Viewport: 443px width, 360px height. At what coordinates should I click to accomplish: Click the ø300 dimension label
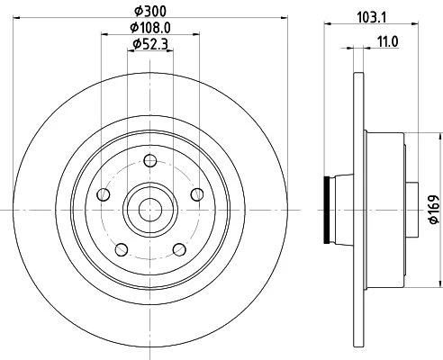pyautogui.click(x=150, y=12)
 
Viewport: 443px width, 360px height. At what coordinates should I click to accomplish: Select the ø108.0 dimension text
pyautogui.click(x=150, y=28)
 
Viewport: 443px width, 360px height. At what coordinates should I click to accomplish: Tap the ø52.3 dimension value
pyautogui.click(x=150, y=44)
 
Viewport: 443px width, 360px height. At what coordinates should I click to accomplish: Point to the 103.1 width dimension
pyautogui.click(x=371, y=18)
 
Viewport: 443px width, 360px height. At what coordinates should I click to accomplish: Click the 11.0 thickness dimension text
pyautogui.click(x=387, y=42)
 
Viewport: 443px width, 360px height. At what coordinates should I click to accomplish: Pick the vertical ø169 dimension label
pyautogui.click(x=434, y=210)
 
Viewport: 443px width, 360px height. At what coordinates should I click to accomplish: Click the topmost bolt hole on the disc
pyautogui.click(x=150, y=161)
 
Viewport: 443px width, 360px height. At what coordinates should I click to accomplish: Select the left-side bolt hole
pyautogui.click(x=104, y=194)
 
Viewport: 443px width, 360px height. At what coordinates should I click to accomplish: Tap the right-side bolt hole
pyautogui.click(x=197, y=194)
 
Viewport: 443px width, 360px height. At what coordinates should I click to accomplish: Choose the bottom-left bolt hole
pyautogui.click(x=122, y=249)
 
